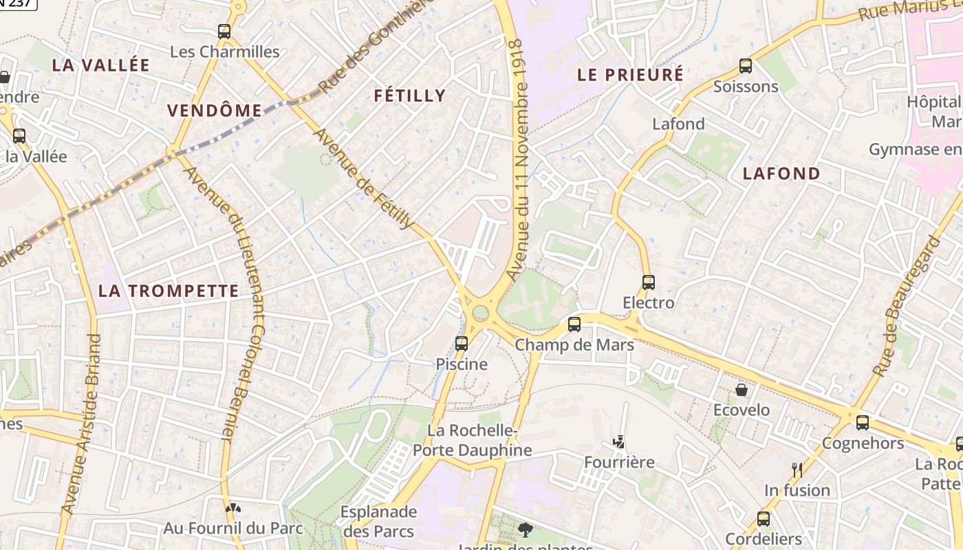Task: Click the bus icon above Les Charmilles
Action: (x=224, y=31)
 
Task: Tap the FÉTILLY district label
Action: (x=410, y=96)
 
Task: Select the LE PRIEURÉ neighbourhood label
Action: (x=630, y=74)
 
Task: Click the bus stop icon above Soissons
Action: (x=746, y=66)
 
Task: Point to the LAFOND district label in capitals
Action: (x=781, y=173)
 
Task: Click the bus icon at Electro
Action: (x=648, y=282)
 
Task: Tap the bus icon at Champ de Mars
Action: (x=574, y=324)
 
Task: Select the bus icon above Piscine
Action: (x=462, y=343)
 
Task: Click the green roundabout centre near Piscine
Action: (x=481, y=313)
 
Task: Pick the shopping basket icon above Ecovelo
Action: (x=742, y=390)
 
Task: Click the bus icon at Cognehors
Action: (x=863, y=423)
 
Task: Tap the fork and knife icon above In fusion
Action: (x=797, y=470)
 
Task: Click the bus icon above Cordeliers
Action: (x=764, y=518)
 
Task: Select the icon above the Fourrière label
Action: (x=619, y=441)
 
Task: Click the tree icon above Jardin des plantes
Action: (x=526, y=530)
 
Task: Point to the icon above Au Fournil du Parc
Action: (x=233, y=508)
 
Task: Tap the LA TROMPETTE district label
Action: (x=169, y=291)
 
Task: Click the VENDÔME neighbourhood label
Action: (x=215, y=111)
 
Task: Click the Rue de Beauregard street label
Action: (x=906, y=306)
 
